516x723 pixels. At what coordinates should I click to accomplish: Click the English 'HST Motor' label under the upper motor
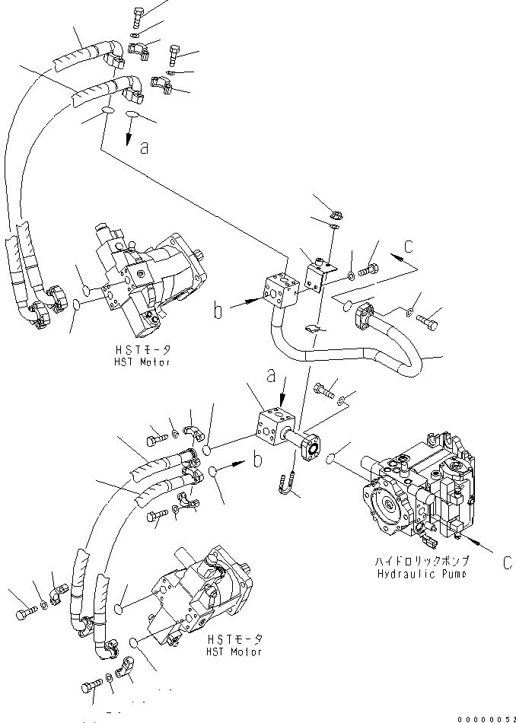143,361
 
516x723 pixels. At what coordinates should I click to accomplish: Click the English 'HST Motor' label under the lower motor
234,651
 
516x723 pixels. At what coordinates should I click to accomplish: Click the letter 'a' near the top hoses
145,148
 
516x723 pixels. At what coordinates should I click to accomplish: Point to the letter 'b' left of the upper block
218,311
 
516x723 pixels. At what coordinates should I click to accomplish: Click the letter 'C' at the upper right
409,247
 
